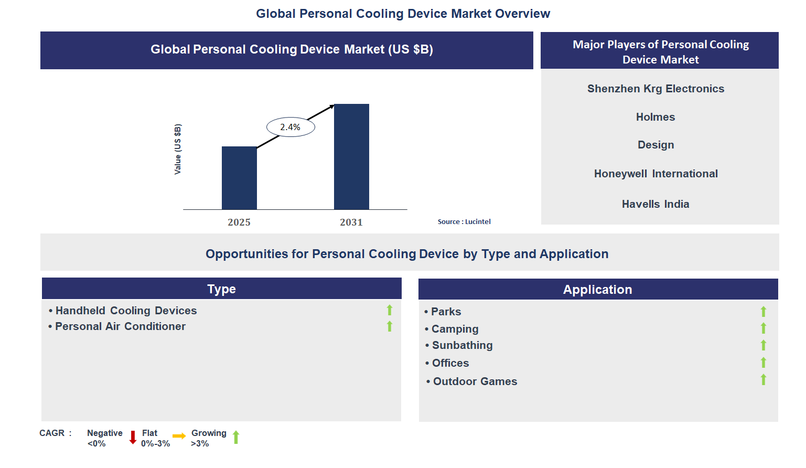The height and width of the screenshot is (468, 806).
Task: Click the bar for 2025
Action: click(x=239, y=178)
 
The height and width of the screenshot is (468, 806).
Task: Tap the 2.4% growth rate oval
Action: click(x=291, y=127)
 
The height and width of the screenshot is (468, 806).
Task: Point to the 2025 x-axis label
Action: click(x=239, y=222)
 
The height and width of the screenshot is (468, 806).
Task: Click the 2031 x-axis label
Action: click(x=351, y=222)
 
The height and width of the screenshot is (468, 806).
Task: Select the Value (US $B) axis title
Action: click(x=178, y=150)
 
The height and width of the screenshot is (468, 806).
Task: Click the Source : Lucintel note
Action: click(x=464, y=222)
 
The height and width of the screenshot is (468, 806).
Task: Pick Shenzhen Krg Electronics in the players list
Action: click(x=655, y=89)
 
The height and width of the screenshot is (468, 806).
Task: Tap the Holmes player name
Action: click(x=655, y=117)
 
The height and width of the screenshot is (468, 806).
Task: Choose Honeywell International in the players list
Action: click(x=655, y=174)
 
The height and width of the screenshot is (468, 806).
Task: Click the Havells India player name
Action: click(x=655, y=204)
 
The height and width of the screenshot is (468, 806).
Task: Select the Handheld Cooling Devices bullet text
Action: click(x=126, y=311)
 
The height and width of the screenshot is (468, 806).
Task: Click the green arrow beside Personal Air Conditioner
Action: click(x=390, y=326)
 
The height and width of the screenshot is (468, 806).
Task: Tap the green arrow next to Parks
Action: click(x=764, y=312)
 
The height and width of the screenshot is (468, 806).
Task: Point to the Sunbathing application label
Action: click(x=462, y=345)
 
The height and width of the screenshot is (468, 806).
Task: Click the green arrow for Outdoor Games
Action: click(x=764, y=380)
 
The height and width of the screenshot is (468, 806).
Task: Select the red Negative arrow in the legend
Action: click(x=133, y=437)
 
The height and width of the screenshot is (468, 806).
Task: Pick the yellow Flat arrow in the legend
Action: click(x=179, y=436)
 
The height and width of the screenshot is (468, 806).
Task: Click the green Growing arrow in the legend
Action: click(x=236, y=437)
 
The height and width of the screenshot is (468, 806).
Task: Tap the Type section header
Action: click(x=221, y=289)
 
